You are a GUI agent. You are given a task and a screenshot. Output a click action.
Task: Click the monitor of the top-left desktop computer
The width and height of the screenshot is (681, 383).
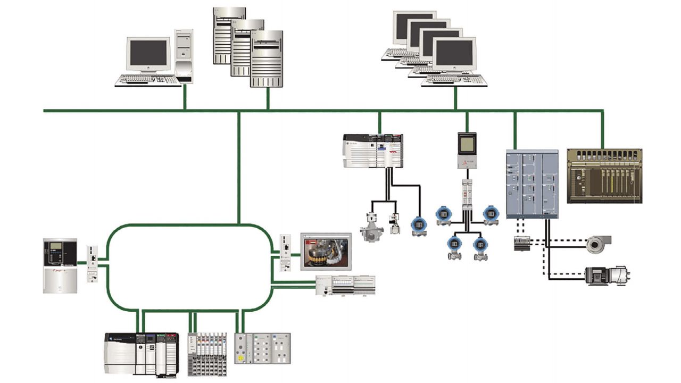(148, 55)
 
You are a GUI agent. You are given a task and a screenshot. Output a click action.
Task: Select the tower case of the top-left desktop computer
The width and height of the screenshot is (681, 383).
(184, 56)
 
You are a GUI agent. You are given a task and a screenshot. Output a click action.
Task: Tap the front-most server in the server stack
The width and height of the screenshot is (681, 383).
(267, 59)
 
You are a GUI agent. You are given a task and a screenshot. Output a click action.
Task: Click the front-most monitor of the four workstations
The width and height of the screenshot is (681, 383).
(453, 55)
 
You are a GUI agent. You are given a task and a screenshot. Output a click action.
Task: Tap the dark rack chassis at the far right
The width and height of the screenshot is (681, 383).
(604, 176)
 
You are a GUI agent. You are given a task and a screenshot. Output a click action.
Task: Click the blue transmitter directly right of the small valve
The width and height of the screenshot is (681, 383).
(418, 224)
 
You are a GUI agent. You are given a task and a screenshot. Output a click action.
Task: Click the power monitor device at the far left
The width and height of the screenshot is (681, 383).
(60, 265)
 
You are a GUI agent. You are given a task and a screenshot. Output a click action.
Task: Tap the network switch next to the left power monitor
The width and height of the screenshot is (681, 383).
(93, 263)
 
